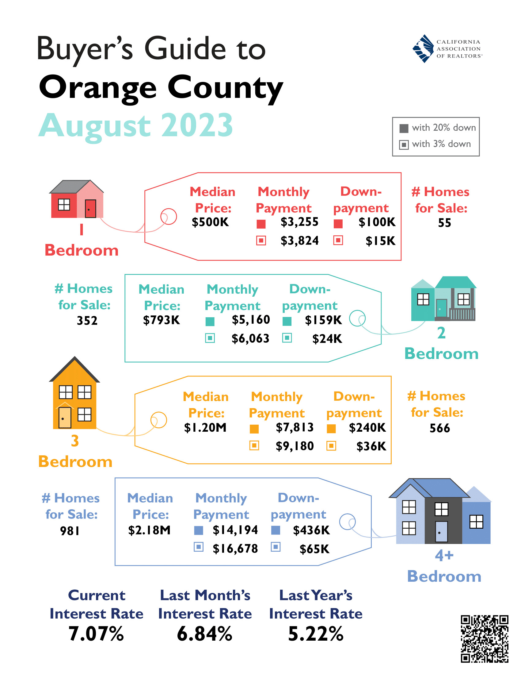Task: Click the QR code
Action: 484,638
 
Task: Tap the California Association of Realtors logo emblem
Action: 423,48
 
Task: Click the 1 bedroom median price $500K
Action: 210,222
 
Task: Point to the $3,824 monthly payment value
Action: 299,241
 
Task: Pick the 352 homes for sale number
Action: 87,321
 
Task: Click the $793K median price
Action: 162,320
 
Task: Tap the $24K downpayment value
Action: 327,339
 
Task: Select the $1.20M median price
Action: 205,428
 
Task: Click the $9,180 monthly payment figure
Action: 295,446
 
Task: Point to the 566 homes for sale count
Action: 440,428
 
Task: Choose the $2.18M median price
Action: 149,530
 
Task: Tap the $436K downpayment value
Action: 311,530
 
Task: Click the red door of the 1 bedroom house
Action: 90,209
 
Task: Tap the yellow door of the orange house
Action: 65,418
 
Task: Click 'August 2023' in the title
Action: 136,126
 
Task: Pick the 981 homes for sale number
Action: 70,531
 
